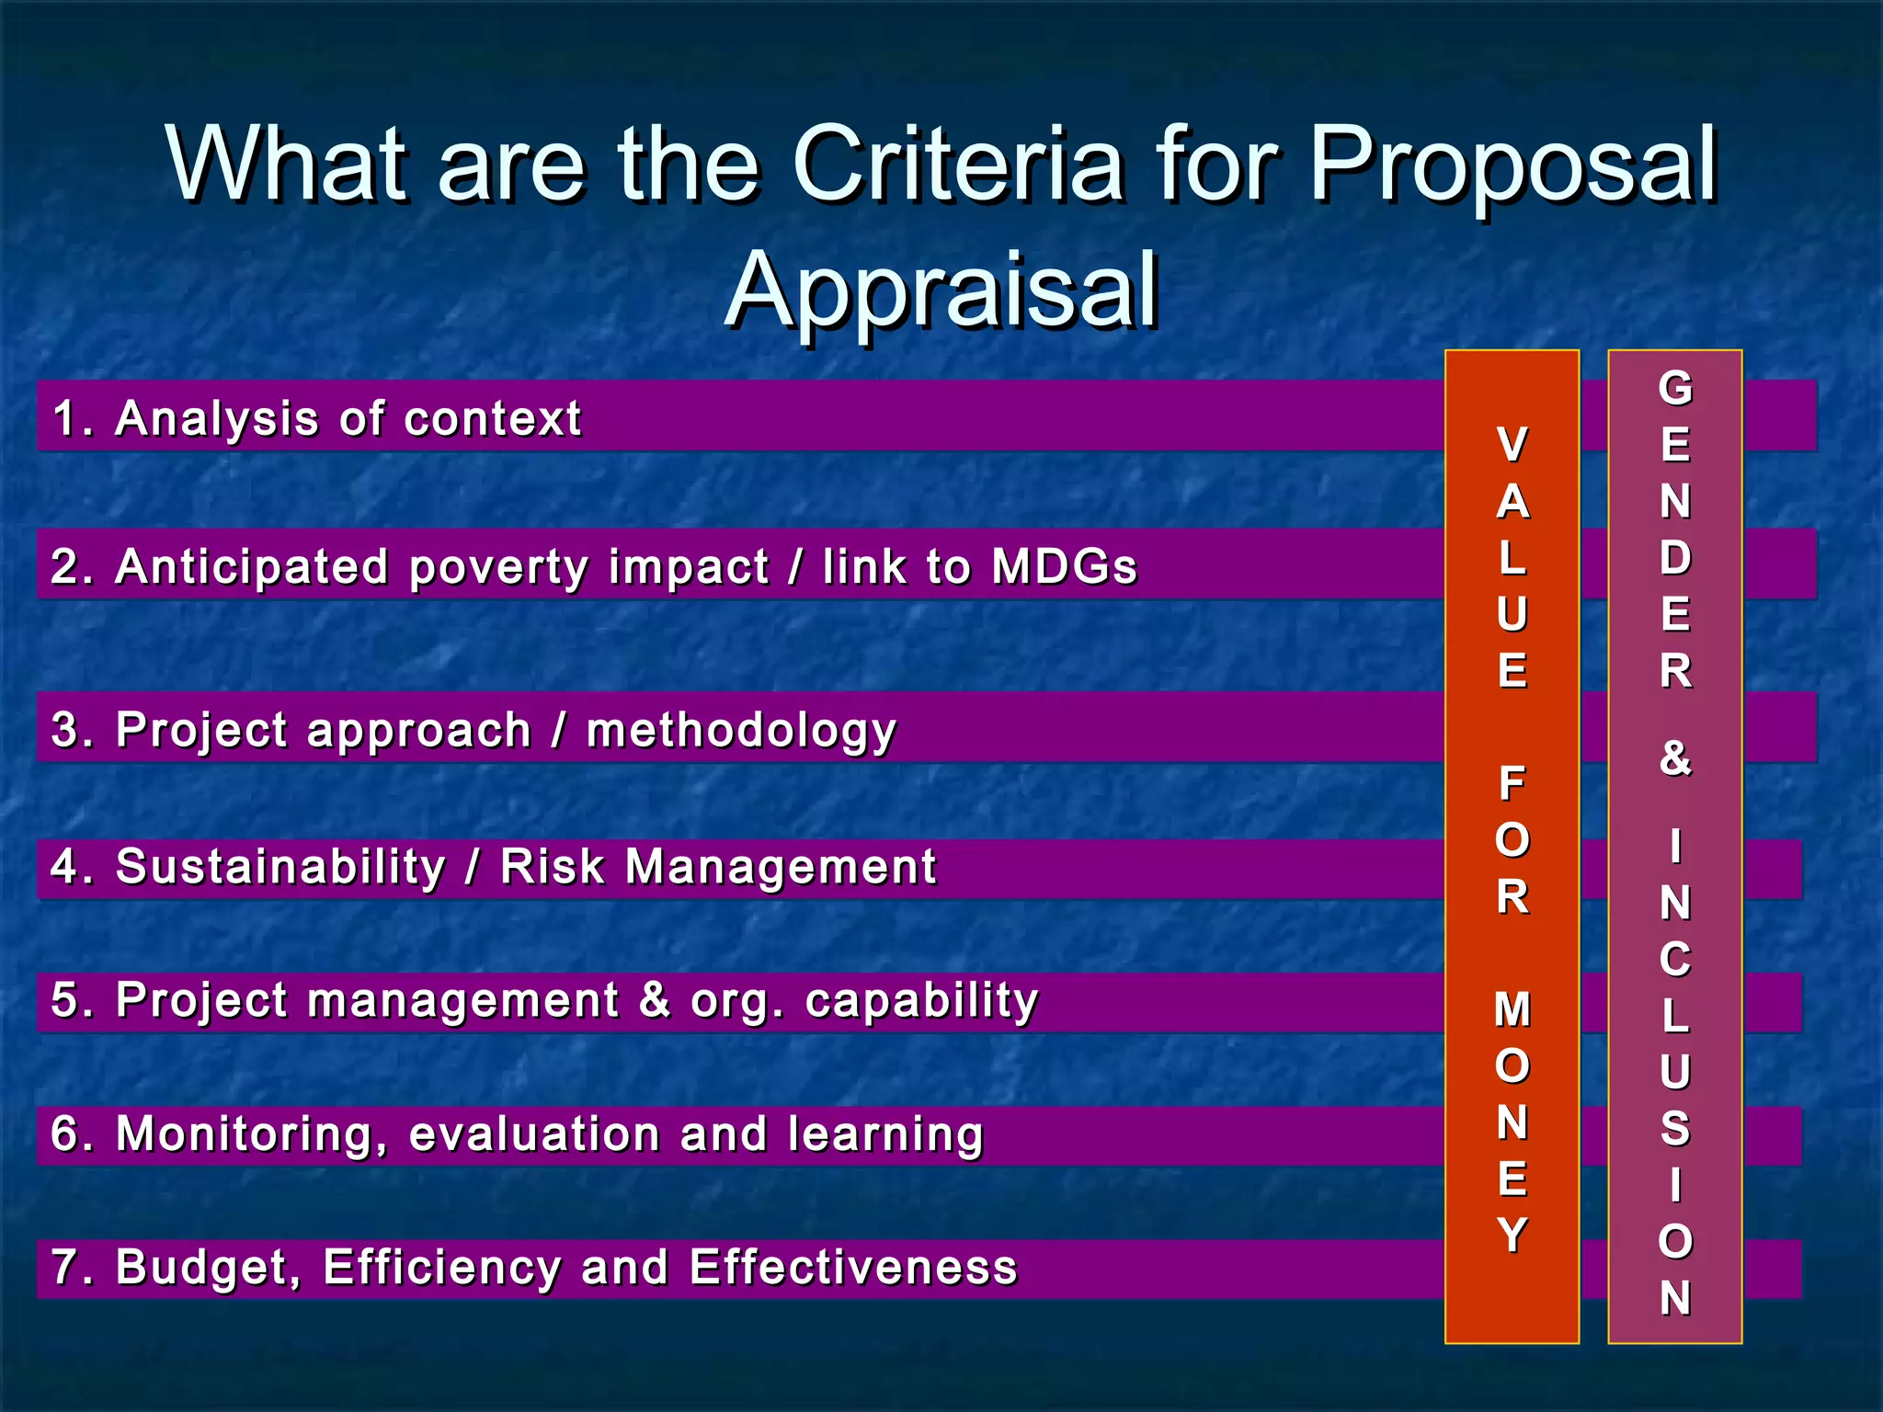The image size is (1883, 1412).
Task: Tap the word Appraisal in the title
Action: click(x=941, y=292)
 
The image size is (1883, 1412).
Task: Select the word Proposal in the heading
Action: click(x=1512, y=165)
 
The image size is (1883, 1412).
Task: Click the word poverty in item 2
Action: click(x=498, y=568)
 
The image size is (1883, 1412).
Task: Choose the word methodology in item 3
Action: click(x=741, y=732)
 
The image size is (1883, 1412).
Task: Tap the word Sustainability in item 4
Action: click(x=280, y=868)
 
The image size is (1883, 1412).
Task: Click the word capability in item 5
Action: click(x=921, y=1001)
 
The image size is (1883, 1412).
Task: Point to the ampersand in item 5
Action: click(x=654, y=1000)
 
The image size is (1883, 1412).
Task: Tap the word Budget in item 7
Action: click(x=208, y=1269)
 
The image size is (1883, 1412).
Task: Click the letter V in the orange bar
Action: click(x=1512, y=445)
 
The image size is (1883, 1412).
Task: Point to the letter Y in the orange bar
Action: click(x=1512, y=1235)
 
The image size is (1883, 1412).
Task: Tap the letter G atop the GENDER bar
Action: click(x=1675, y=388)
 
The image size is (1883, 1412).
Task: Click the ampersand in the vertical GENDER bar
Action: click(x=1675, y=758)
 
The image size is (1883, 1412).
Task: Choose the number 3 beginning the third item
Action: click(x=66, y=730)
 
